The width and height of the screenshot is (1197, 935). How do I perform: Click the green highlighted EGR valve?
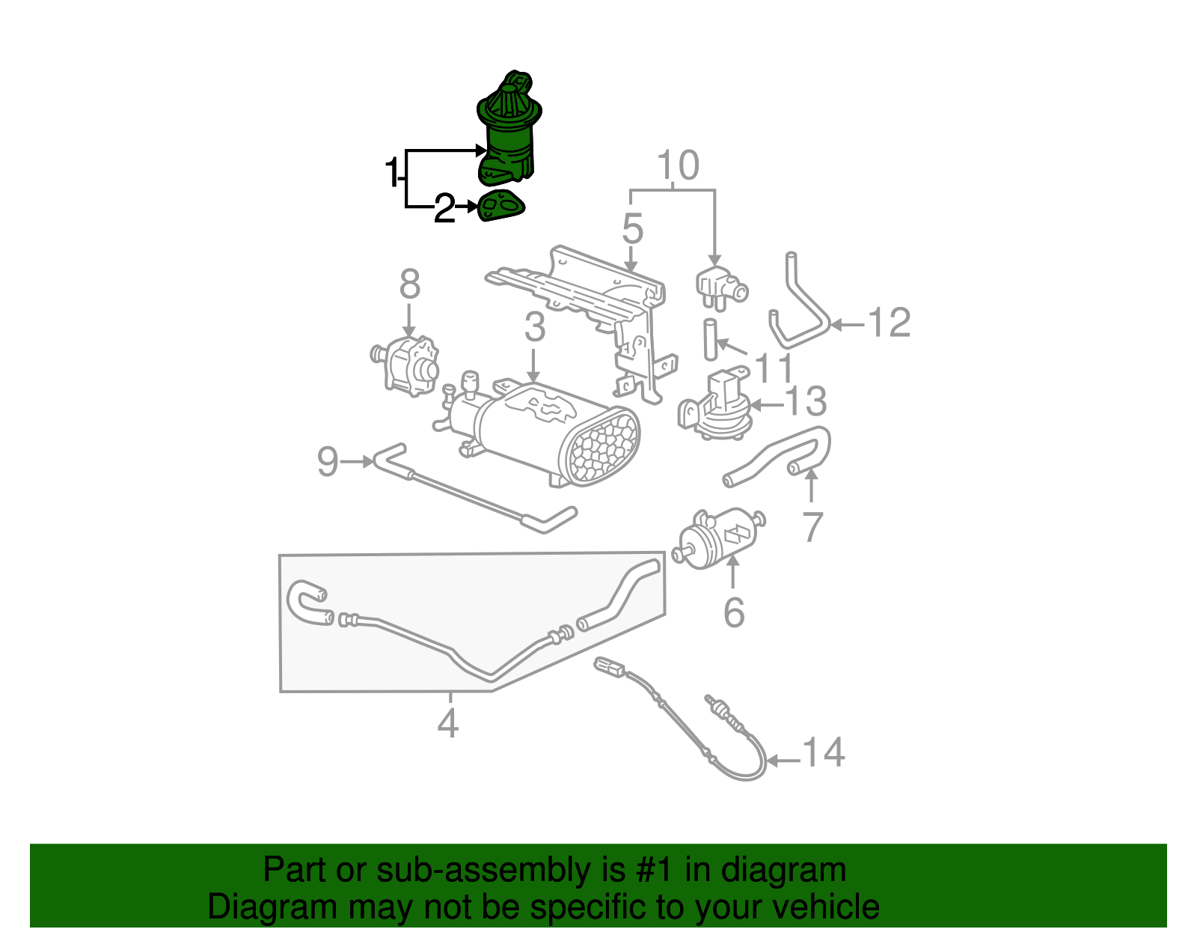tap(507, 135)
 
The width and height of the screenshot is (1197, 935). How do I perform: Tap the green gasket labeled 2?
tap(500, 207)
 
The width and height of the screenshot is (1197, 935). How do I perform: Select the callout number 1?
tap(391, 173)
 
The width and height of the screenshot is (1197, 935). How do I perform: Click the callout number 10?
tap(678, 165)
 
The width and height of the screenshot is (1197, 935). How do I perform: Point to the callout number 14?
tap(824, 752)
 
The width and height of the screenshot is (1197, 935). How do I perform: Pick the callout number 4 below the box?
tap(447, 723)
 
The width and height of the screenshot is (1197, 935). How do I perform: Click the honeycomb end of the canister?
tap(604, 448)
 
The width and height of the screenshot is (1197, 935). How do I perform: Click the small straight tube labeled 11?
tap(710, 339)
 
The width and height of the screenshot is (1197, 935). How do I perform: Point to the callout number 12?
tap(889, 323)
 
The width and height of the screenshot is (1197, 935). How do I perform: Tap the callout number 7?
tap(812, 527)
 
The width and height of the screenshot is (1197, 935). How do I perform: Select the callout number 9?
tap(328, 461)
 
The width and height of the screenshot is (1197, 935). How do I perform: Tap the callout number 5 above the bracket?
tap(632, 228)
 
